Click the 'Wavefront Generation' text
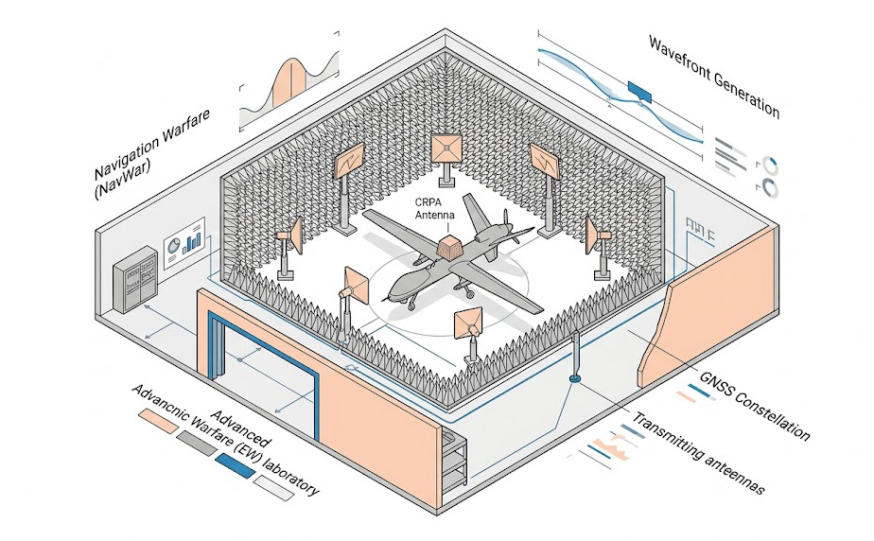(714, 76)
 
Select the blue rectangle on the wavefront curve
(639, 90)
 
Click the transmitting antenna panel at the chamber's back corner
(446, 148)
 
